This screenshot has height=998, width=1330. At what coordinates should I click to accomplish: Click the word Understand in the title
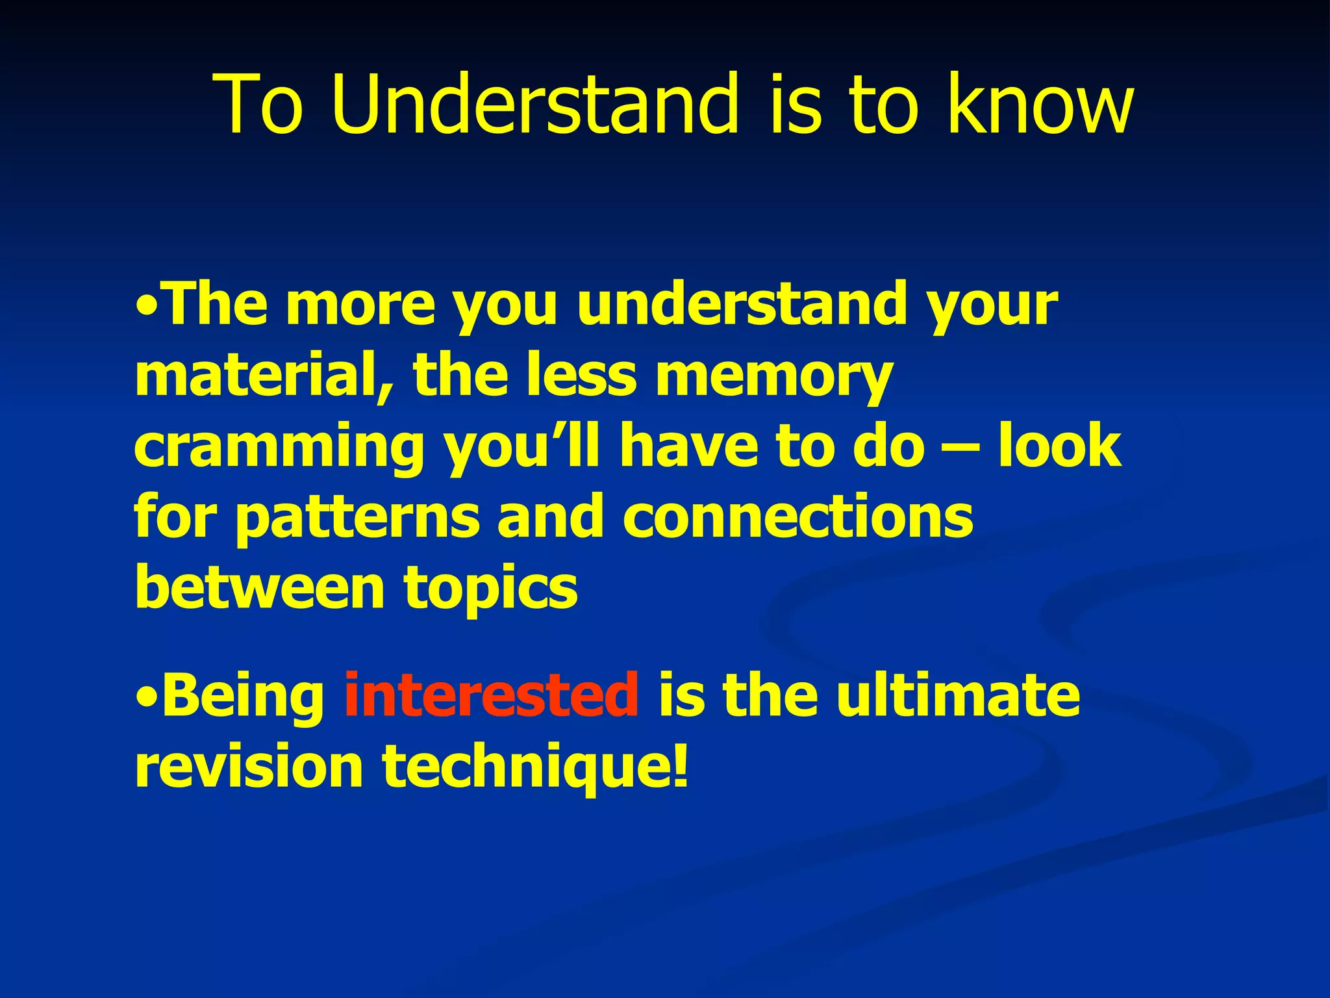(x=534, y=105)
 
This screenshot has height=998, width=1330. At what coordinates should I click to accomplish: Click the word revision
(x=248, y=766)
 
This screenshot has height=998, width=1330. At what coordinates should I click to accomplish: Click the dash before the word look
(x=960, y=448)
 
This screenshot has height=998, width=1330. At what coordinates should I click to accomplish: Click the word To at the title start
(x=259, y=105)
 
